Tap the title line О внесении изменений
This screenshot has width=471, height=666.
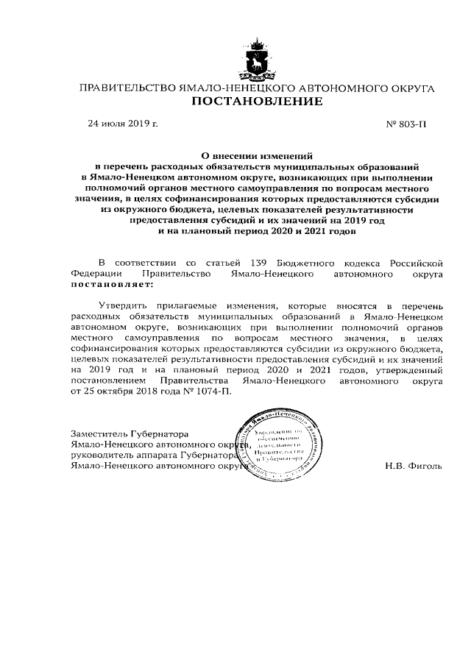[x=257, y=156]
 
